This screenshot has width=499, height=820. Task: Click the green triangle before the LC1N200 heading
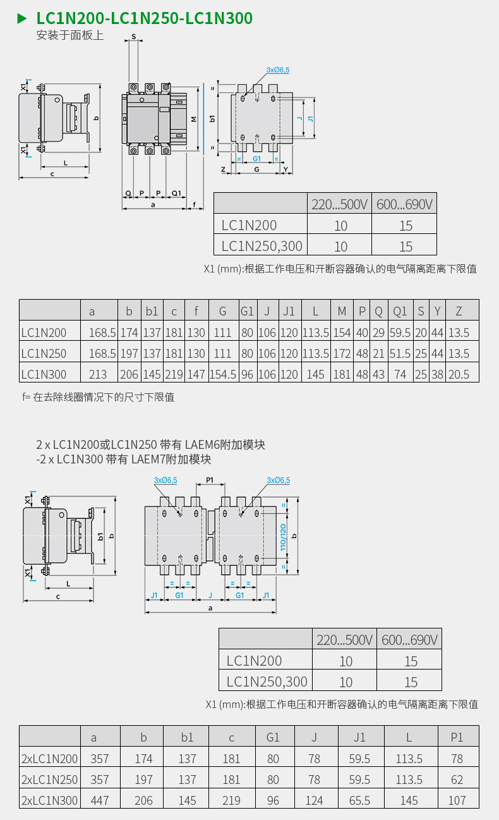pos(22,18)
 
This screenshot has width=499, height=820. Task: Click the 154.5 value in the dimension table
pos(223,374)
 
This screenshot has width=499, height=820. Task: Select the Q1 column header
pos(400,311)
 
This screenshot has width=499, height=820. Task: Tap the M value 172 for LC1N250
pos(342,353)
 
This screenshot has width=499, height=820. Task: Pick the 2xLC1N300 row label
pos(49,800)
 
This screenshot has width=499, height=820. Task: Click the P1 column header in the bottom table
pos(457,737)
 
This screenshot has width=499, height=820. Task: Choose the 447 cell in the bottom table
pos(100,800)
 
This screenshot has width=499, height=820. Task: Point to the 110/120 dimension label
pos(283,537)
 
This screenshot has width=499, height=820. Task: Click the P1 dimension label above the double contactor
pos(210,480)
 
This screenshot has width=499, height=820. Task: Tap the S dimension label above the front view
pos(133,37)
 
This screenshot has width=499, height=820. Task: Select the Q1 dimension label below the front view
pos(176,193)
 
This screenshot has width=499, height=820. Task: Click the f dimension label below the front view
pos(195,204)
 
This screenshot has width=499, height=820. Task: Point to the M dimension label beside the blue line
pos(194,119)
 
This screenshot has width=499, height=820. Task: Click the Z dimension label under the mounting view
pos(223,169)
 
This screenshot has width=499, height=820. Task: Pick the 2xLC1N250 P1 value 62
pos(457,780)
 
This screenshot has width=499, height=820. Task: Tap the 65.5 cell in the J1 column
pos(359,800)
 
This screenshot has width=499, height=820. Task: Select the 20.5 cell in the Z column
pos(459,374)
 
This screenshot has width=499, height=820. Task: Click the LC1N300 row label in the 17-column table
pos(44,374)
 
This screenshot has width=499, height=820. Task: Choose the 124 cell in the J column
pos(315,800)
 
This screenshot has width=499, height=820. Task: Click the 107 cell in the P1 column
pos(457,800)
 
